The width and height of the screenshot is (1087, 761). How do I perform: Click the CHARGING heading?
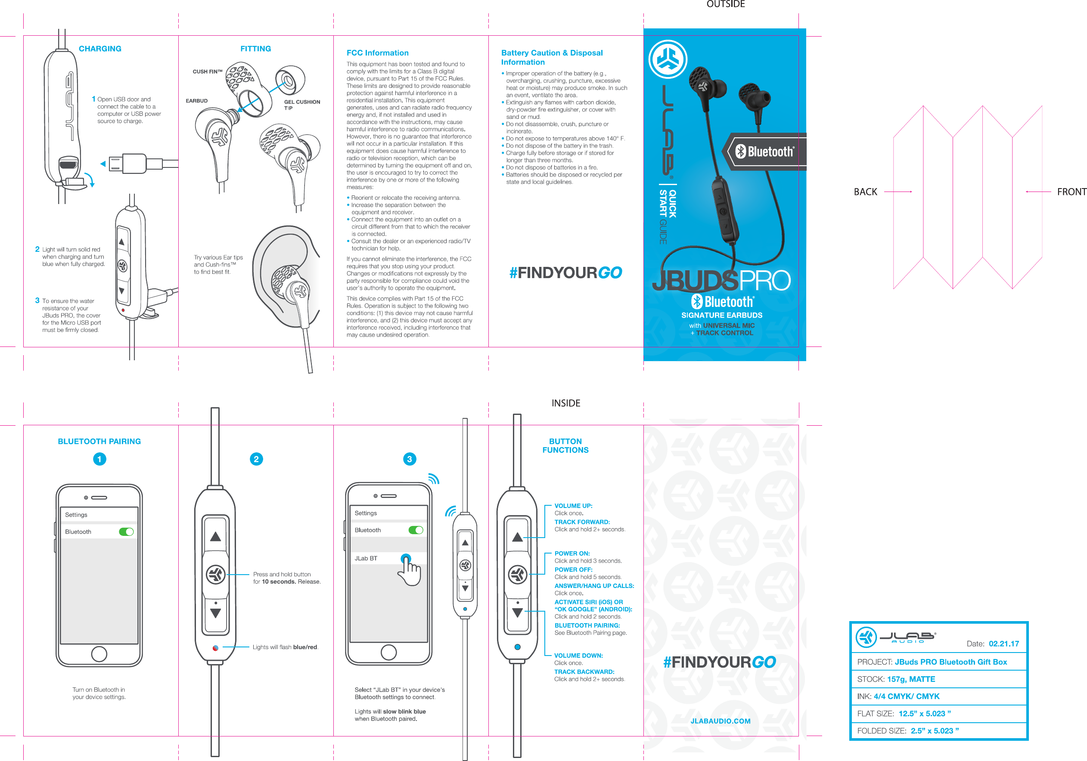(100, 49)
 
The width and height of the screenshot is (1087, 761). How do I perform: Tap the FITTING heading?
(256, 49)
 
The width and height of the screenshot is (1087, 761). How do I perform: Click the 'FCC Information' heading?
(377, 53)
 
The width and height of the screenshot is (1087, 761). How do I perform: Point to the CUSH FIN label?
(207, 72)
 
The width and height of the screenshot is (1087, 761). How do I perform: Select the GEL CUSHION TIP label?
(301, 105)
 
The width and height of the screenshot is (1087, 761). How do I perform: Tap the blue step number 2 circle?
(256, 459)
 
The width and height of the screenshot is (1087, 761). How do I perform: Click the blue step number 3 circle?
(410, 459)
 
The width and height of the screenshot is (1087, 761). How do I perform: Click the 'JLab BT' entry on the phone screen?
(366, 558)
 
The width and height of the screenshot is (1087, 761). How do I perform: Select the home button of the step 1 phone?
(99, 654)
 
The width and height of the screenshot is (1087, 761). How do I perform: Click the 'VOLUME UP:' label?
(573, 506)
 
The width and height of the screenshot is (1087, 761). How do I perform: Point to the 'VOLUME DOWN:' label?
(578, 656)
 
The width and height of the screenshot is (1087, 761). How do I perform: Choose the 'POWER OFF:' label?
(573, 570)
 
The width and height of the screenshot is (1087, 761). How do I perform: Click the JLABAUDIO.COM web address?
(721, 721)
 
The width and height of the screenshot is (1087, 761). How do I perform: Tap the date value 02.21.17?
(1004, 643)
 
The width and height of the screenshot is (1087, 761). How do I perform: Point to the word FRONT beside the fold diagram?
(1071, 192)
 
